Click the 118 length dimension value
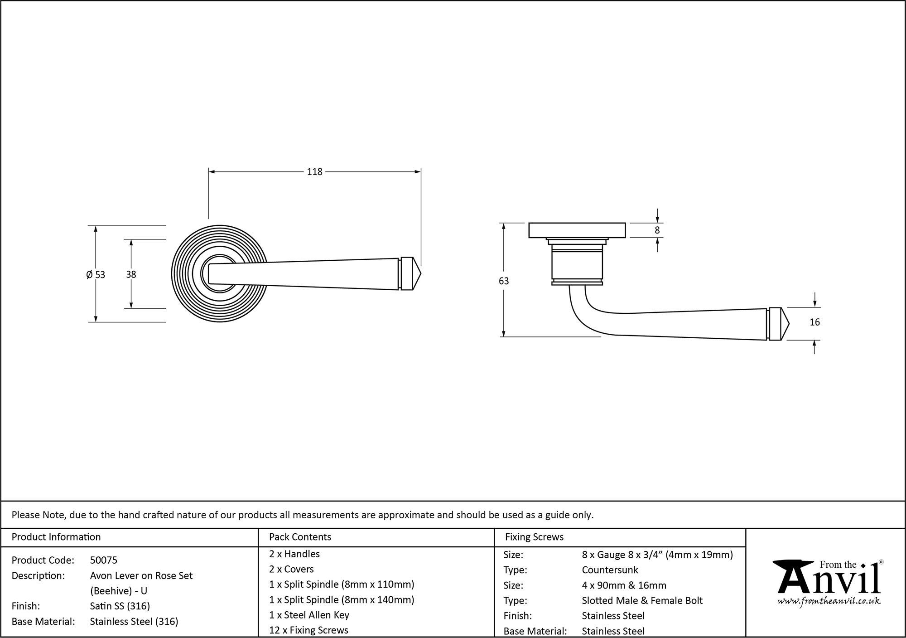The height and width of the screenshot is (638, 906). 314,172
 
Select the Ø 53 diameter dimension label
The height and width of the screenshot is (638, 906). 96,274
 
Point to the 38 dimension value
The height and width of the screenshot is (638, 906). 131,274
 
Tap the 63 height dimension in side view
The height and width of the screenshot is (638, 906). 504,281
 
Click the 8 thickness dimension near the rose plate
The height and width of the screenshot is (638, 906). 657,230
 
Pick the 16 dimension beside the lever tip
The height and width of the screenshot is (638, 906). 814,322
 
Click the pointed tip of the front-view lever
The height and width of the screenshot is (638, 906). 419,274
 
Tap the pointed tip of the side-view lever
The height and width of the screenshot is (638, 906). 788,324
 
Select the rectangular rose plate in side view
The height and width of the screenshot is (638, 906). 577,230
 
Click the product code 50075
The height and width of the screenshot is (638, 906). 104,560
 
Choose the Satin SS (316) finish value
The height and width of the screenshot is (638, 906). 120,606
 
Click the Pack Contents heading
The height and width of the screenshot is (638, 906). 300,537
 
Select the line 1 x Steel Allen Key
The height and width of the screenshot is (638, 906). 309,615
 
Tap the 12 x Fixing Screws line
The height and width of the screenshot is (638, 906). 308,630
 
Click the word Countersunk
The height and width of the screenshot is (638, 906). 610,570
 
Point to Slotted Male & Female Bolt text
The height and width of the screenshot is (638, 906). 642,601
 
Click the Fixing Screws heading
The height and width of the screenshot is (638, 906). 534,537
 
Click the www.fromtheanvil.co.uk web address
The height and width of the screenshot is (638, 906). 829,601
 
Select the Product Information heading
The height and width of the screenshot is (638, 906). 56,537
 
